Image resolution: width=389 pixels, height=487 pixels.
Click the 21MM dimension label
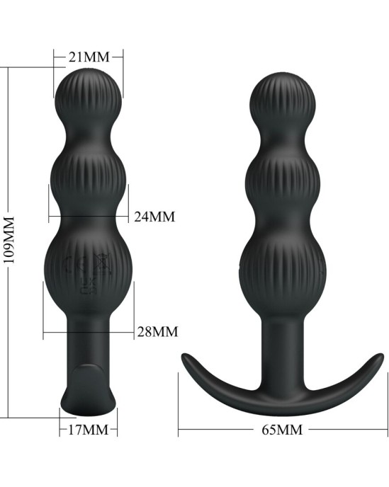pos(89,57)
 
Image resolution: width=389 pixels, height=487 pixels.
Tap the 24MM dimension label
pos(154,217)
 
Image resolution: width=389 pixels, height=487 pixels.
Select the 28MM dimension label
pos(157,332)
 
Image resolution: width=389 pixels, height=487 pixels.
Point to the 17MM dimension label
pos(89,430)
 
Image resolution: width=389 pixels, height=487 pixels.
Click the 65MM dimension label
pos(282,430)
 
